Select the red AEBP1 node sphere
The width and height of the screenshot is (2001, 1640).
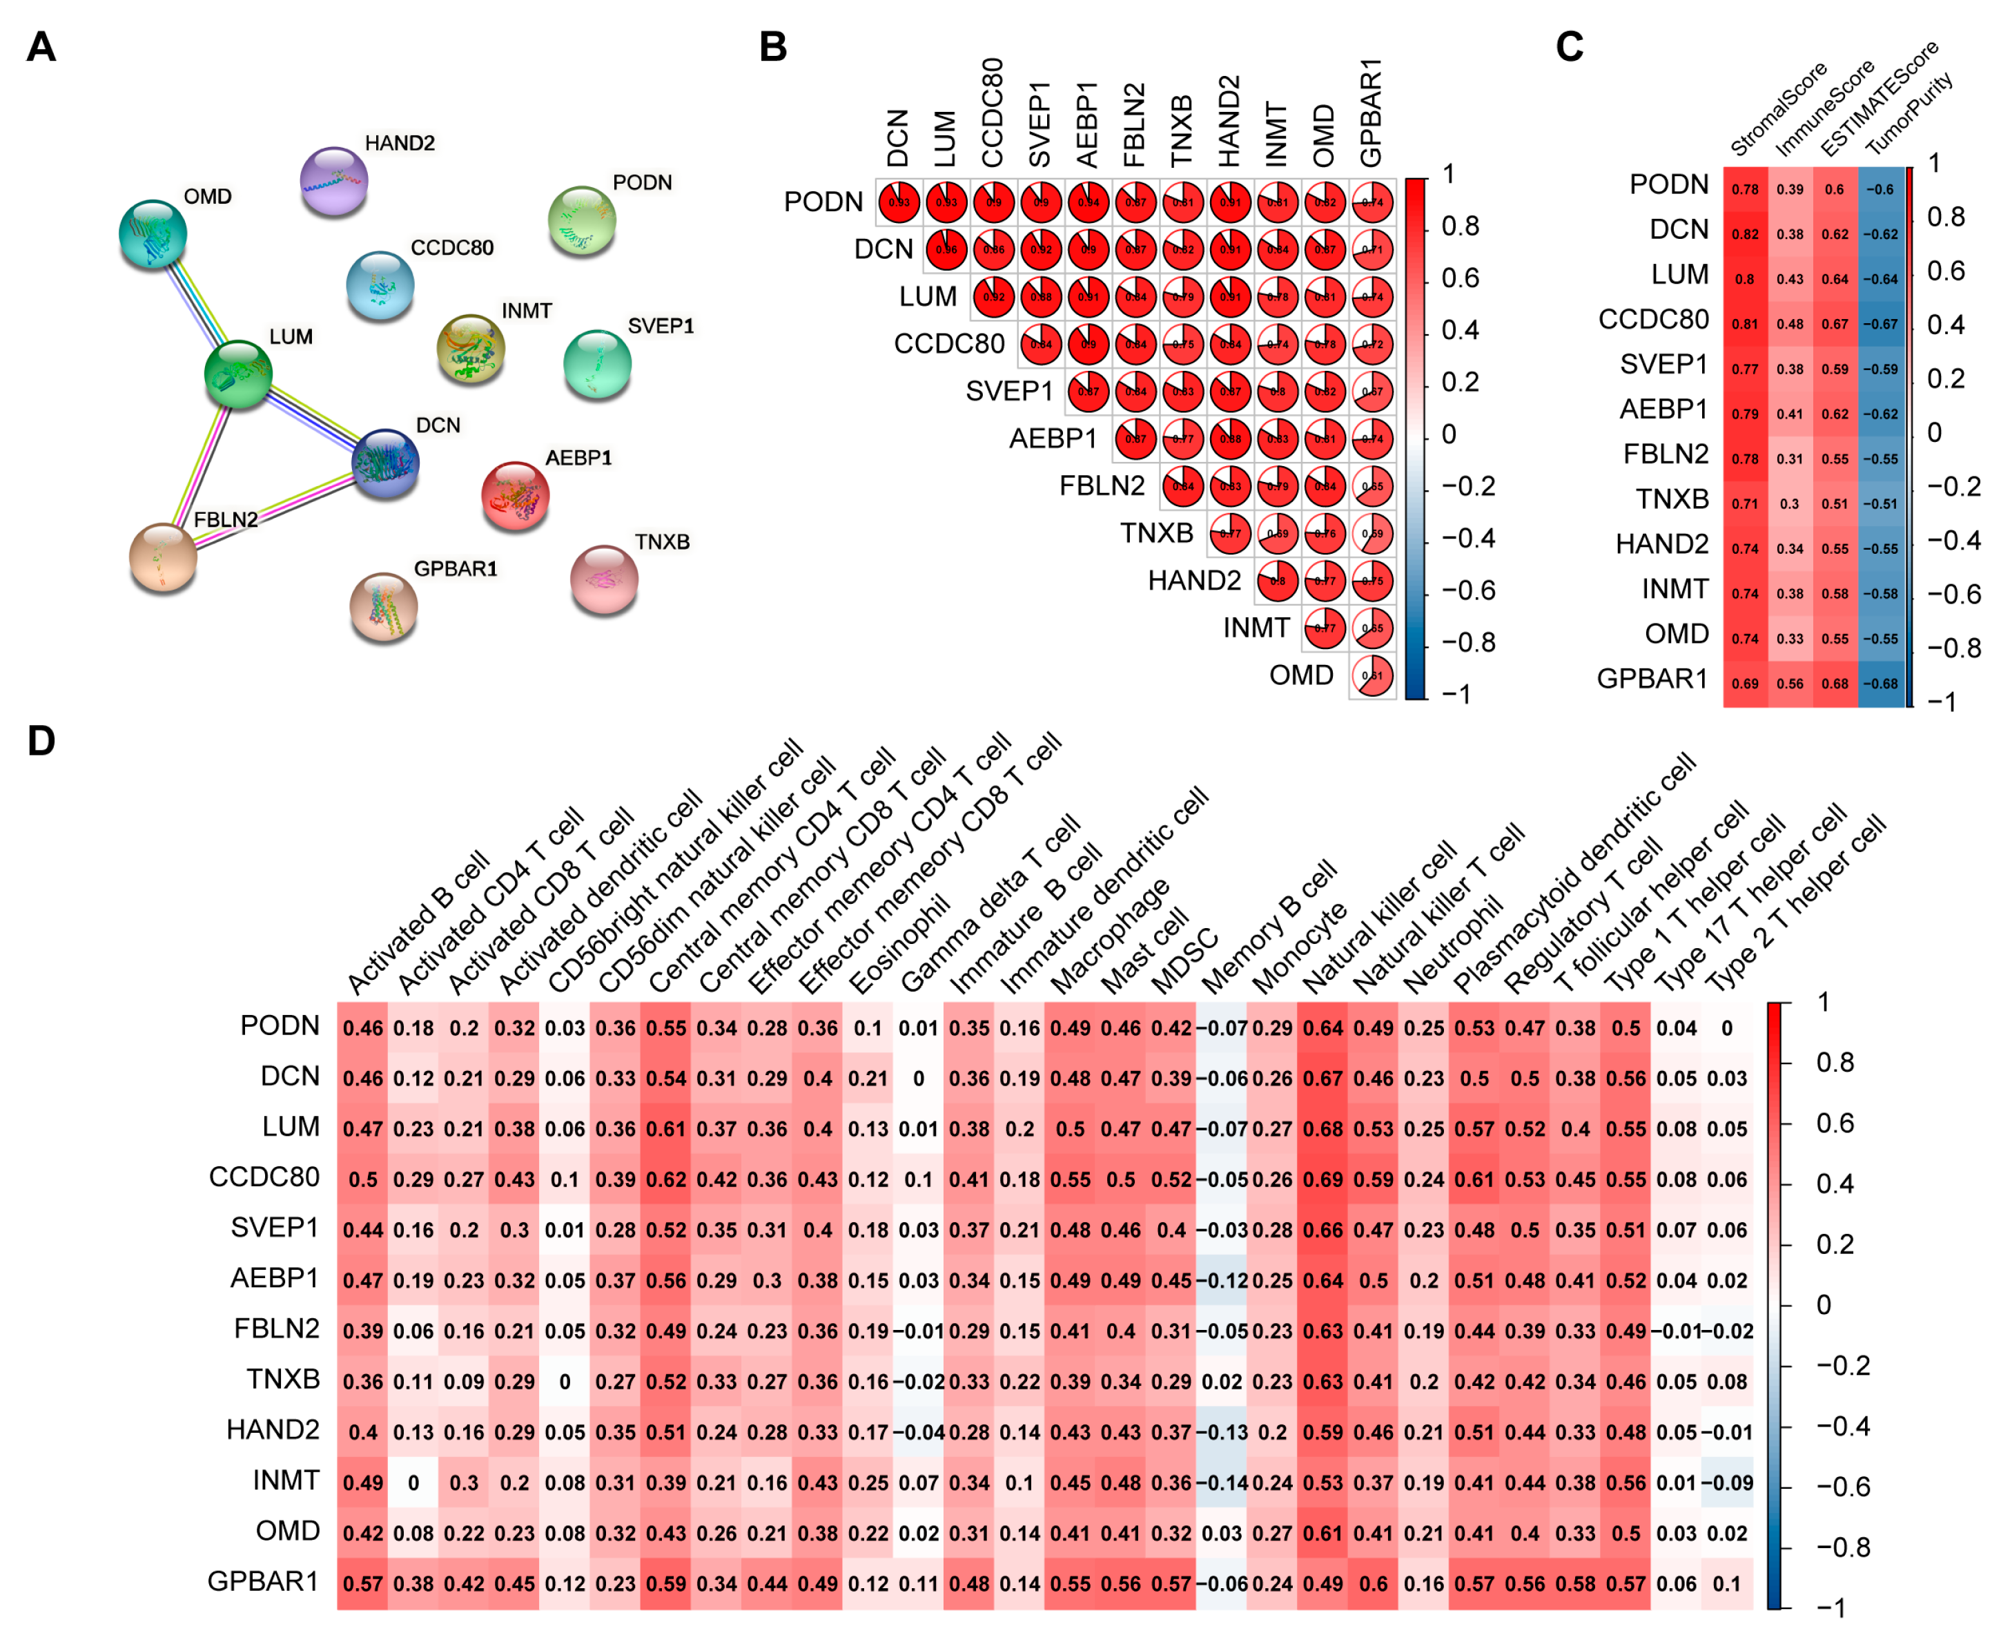[515, 495]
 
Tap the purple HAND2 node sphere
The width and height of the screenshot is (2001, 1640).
[333, 180]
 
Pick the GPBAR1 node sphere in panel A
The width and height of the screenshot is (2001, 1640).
[383, 606]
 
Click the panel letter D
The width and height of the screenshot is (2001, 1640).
[41, 742]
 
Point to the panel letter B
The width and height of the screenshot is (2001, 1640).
[772, 47]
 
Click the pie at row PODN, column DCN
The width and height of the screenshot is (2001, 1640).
[899, 202]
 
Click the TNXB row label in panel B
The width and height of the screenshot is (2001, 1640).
[1156, 534]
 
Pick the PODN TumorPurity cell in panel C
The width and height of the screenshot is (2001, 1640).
[1880, 189]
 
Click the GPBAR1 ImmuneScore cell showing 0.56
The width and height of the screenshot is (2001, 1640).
[1790, 683]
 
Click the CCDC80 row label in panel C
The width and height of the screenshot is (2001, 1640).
[1652, 319]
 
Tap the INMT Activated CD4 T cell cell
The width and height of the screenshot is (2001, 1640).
[413, 1483]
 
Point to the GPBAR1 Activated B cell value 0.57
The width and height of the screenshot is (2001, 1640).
[362, 1584]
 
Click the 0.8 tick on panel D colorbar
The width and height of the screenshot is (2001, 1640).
[1834, 1063]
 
